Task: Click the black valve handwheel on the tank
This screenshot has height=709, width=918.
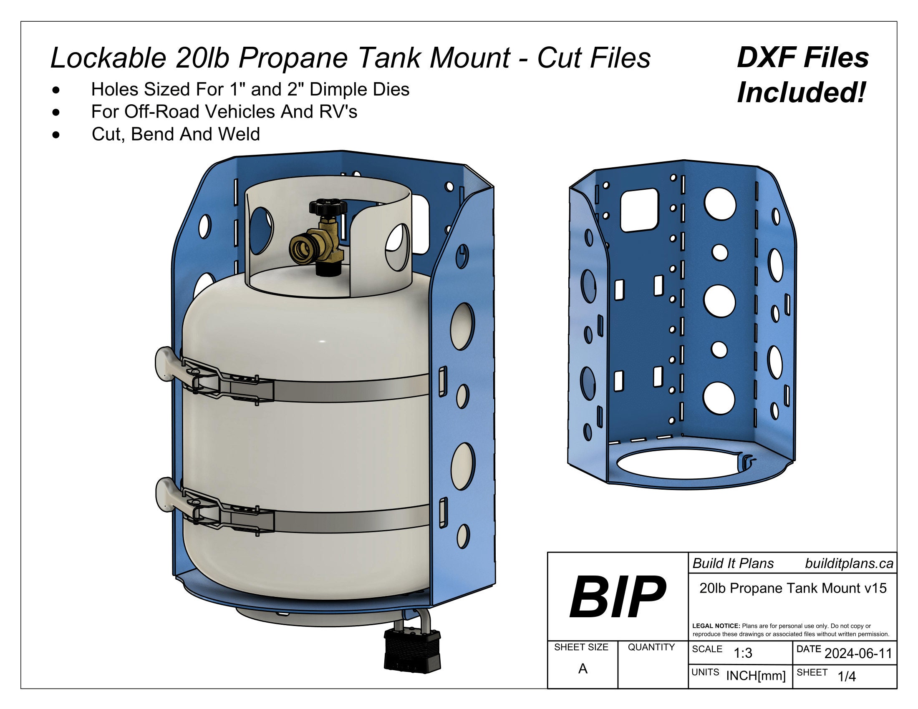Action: click(x=328, y=206)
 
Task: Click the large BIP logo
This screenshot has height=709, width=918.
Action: click(x=617, y=597)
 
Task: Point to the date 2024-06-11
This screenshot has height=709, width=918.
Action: click(x=858, y=654)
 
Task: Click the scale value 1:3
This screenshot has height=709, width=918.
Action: click(x=743, y=653)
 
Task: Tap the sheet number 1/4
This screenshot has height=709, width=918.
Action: click(x=847, y=676)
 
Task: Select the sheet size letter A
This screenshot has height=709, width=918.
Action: click(x=583, y=669)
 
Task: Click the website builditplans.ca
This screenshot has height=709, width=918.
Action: click(x=849, y=564)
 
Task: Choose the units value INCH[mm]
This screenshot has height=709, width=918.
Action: click(x=756, y=676)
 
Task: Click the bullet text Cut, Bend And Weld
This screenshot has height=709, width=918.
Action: click(x=176, y=134)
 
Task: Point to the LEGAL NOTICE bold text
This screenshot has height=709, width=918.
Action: click(x=716, y=626)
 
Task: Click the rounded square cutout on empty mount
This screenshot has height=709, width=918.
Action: click(x=638, y=210)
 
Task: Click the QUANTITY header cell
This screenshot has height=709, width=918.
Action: click(x=651, y=647)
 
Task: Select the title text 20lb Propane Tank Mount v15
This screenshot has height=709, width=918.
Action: click(x=793, y=588)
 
